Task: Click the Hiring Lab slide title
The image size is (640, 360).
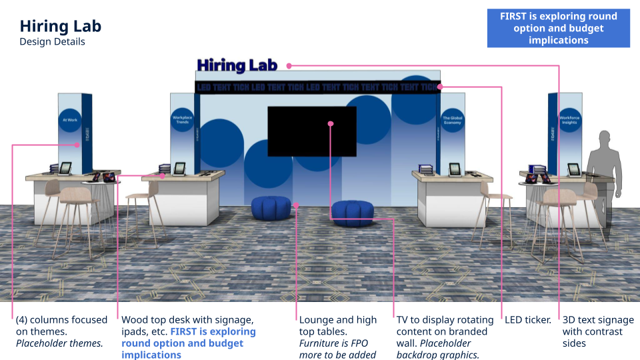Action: pos(60,27)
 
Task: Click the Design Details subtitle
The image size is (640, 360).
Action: pos(52,42)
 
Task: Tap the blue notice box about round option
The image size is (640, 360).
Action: pos(558,28)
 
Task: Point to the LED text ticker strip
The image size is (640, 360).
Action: pos(317,87)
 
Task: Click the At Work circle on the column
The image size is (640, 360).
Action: pos(70,121)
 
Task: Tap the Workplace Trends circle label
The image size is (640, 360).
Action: pos(182,121)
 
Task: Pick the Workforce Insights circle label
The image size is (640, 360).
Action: pos(568,121)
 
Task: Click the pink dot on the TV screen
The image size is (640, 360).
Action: pos(331,123)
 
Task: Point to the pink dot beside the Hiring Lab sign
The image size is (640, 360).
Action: pos(290,65)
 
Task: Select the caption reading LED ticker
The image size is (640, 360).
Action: pos(528,320)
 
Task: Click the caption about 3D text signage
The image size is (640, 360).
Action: pos(593,331)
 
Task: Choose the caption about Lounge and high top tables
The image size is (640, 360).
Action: pos(338,337)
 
